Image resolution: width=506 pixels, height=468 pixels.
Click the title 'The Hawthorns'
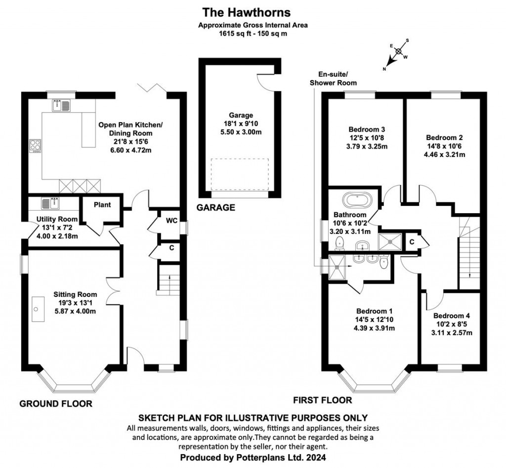[253, 11]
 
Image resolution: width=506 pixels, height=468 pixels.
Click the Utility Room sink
[52, 203]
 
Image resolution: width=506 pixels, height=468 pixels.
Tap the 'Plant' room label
[102, 205]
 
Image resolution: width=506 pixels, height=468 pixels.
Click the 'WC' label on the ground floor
[172, 220]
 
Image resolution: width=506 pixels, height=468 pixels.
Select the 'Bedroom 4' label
[452, 316]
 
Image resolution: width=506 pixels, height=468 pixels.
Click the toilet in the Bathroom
[339, 242]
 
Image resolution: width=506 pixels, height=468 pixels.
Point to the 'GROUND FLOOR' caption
[56, 404]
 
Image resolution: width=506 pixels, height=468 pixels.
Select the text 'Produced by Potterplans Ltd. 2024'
[253, 458]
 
